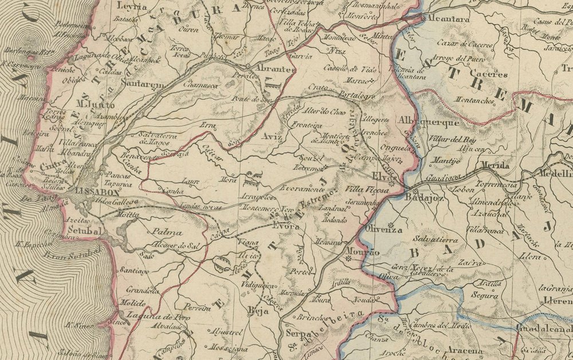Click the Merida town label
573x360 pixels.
click(494, 166)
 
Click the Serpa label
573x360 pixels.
click(297, 332)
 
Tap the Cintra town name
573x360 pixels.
click(52, 166)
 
